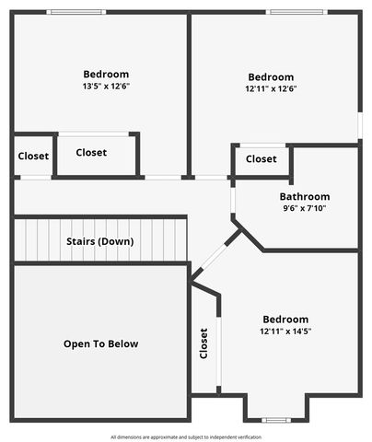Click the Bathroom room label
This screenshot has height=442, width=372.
click(x=305, y=196)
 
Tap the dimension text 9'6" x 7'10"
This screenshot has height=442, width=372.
click(x=304, y=208)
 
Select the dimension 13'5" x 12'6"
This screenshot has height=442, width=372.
click(x=106, y=87)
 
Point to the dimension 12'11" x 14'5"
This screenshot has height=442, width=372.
click(x=285, y=331)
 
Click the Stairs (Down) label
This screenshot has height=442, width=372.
click(x=100, y=241)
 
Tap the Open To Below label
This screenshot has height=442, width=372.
click(x=100, y=343)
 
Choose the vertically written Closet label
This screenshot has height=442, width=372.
click(x=203, y=343)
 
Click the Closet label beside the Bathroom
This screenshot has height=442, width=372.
click(x=261, y=159)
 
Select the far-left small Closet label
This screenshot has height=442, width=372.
click(x=34, y=156)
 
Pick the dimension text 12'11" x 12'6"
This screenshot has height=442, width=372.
click(x=271, y=89)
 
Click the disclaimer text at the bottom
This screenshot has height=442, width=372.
click(x=186, y=436)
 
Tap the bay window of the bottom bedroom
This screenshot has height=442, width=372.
click(x=276, y=419)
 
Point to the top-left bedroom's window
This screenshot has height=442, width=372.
click(x=76, y=12)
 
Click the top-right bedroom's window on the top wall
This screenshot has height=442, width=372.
click(x=296, y=12)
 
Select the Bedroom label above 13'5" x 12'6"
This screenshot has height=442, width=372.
click(x=106, y=75)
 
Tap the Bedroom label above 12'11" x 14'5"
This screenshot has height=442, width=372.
click(x=285, y=320)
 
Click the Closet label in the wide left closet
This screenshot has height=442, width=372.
click(x=91, y=153)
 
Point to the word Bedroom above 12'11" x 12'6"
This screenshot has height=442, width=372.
click(x=271, y=77)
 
